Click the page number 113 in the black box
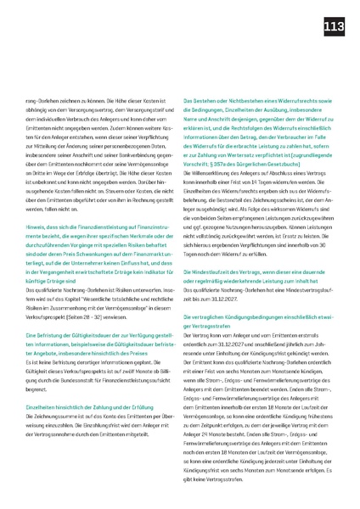pos(333,29)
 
